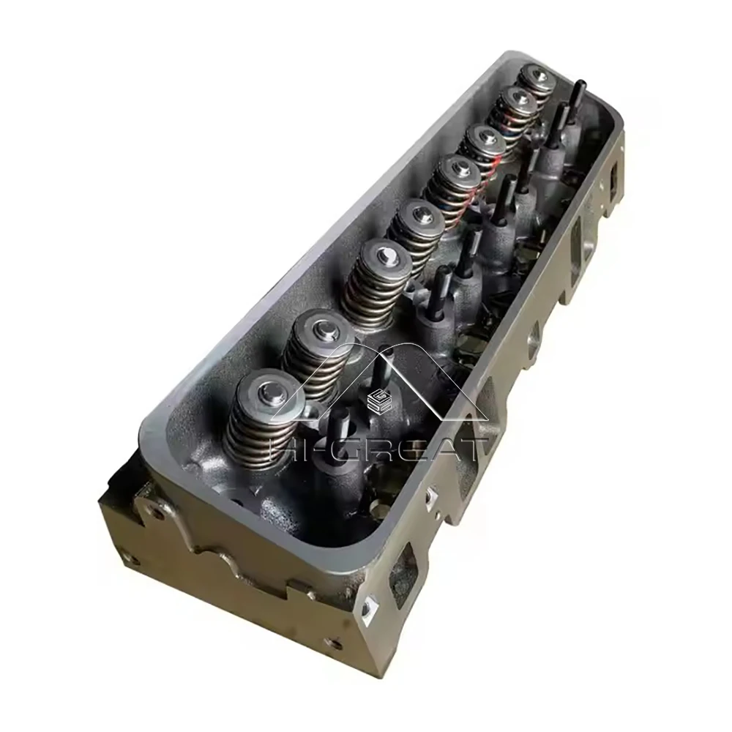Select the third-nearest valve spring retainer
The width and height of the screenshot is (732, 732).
(384, 258)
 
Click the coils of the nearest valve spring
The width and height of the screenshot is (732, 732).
(253, 432)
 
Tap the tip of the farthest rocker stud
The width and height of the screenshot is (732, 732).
(579, 86)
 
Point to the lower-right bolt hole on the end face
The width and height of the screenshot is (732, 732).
(334, 643)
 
